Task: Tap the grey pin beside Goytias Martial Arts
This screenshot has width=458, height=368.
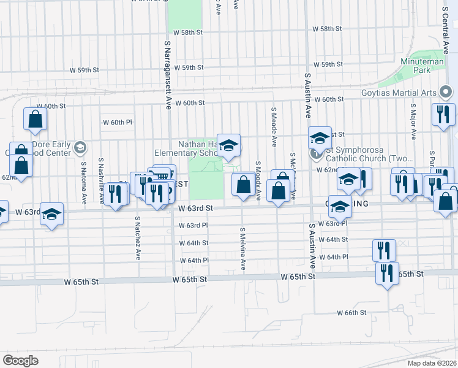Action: (446, 93)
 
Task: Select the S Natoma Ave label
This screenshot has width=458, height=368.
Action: (83, 183)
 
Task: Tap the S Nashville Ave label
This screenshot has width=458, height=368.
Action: (101, 174)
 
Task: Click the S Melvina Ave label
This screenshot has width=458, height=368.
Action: (242, 248)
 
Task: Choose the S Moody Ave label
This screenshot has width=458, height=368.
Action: (258, 181)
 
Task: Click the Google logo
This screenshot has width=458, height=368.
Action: (20, 360)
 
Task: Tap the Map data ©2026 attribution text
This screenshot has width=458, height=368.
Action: (431, 362)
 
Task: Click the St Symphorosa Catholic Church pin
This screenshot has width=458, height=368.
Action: (317, 153)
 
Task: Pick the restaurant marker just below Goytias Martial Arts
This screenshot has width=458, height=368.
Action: (443, 114)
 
